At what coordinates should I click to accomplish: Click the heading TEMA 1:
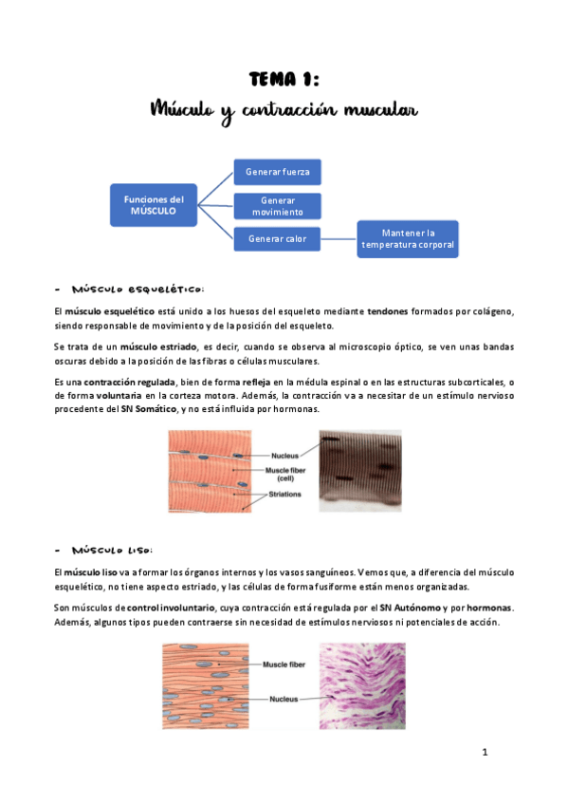click(x=284, y=79)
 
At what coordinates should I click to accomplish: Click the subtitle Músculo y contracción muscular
click(x=284, y=111)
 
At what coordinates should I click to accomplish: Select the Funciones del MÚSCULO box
click(x=154, y=205)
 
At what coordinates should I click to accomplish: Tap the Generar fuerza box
click(x=277, y=172)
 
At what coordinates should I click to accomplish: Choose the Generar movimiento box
click(x=277, y=206)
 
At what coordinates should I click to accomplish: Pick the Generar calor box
click(x=277, y=238)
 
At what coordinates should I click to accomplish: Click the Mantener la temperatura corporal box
click(x=407, y=238)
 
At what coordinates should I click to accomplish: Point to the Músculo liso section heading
click(x=110, y=550)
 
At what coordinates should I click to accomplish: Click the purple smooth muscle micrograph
click(x=362, y=685)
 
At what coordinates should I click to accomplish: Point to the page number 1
click(x=485, y=753)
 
